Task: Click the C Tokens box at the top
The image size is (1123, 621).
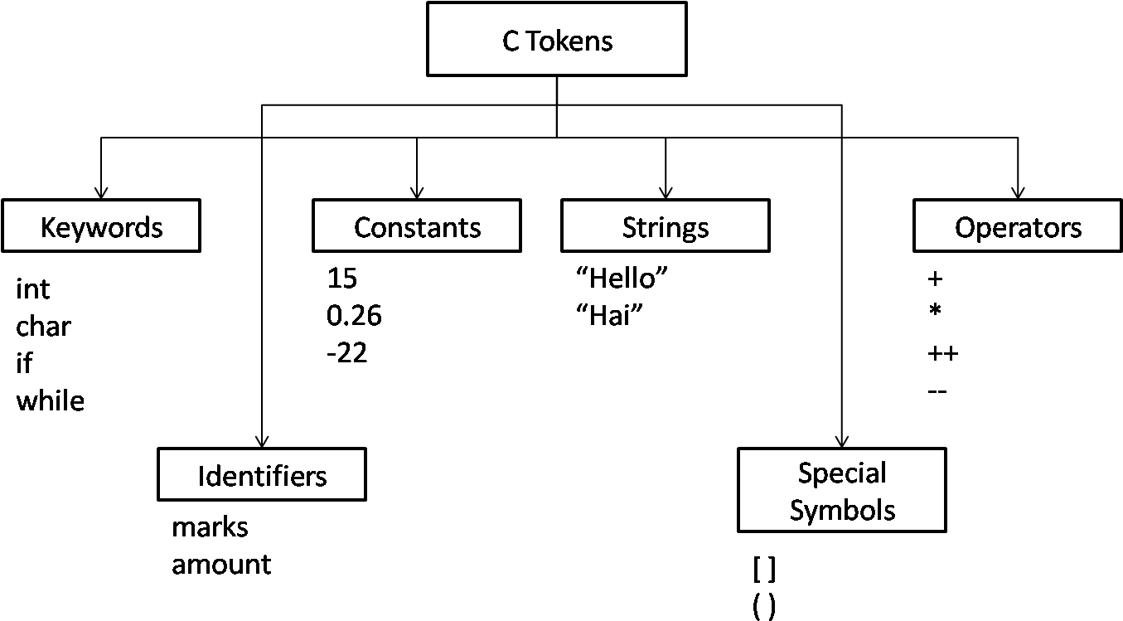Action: (556, 39)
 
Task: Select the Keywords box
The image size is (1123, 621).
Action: (101, 226)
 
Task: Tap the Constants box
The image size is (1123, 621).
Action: (417, 226)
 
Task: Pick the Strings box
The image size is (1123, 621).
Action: (666, 226)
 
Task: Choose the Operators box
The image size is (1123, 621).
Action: (1018, 226)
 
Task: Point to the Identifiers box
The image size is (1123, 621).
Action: (262, 475)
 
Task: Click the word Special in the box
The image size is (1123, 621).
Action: (842, 473)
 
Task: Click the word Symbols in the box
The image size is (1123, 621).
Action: (842, 509)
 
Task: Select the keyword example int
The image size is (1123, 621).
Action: (34, 289)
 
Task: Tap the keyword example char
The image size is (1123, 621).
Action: (44, 327)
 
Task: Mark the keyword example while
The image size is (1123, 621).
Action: (51, 401)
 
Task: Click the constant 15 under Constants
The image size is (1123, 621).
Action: (341, 279)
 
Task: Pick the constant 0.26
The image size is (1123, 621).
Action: (355, 315)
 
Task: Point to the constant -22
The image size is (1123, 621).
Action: (346, 351)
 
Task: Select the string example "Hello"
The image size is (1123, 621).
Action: (622, 279)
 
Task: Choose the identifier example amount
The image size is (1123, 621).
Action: (222, 565)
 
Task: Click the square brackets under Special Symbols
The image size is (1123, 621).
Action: (764, 570)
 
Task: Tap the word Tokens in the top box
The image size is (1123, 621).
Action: (569, 40)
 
